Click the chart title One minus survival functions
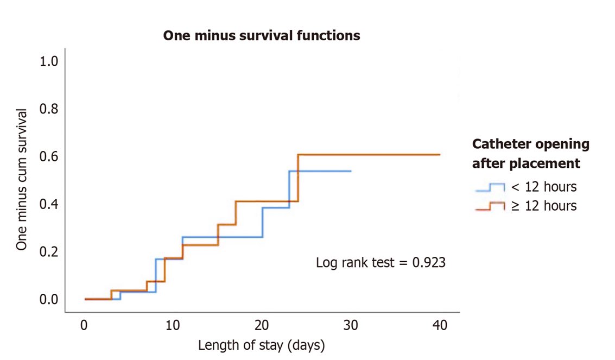click(x=262, y=36)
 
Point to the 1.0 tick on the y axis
click(x=49, y=61)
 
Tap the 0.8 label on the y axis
click(x=49, y=109)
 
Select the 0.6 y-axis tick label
click(x=49, y=157)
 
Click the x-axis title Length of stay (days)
click(x=262, y=345)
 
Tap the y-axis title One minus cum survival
click(x=22, y=180)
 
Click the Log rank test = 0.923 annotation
click(x=381, y=263)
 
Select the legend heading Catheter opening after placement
click(x=530, y=153)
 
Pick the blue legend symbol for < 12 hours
click(x=490, y=187)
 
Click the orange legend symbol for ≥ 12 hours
click(x=490, y=206)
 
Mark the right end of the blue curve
click(x=351, y=171)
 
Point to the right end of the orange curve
click(x=439, y=155)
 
